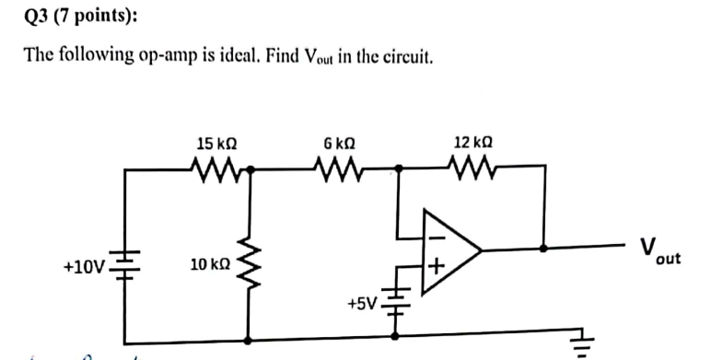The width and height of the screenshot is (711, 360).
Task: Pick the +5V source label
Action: [x=363, y=302]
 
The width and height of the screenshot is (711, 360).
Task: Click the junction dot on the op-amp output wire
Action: [x=545, y=249]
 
